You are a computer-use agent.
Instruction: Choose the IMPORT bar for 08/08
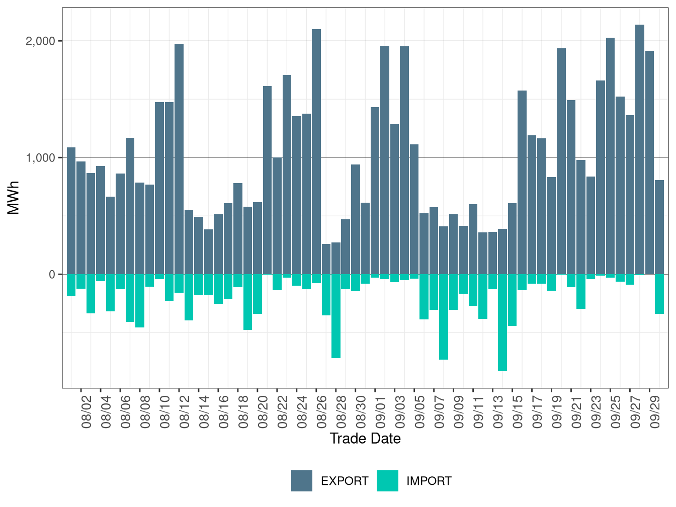[x=140, y=301]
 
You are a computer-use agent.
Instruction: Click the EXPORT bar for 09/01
[x=375, y=191]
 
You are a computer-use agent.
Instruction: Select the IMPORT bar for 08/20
[x=258, y=294]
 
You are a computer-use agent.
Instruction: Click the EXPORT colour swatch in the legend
[x=302, y=481]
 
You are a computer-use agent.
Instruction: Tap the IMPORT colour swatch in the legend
[x=387, y=481]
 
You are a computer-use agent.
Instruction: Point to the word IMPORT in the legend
[x=429, y=481]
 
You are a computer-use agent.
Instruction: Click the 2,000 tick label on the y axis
[x=40, y=41]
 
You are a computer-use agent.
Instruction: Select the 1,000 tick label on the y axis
[x=40, y=157]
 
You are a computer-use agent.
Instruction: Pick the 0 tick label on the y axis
[x=52, y=274]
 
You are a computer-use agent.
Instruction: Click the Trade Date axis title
[x=365, y=439]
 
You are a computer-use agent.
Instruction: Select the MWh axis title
[x=14, y=198]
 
